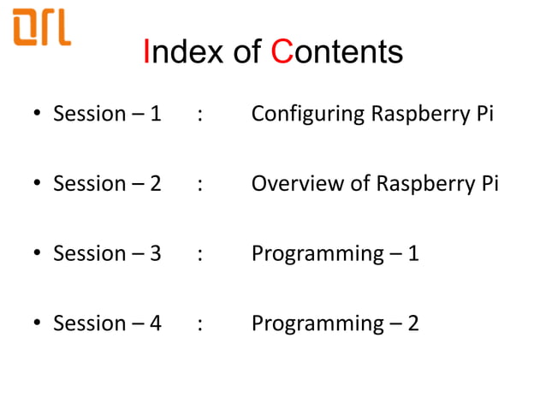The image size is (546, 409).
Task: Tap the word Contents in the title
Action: [x=337, y=52]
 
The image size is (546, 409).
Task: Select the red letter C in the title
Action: [x=282, y=52]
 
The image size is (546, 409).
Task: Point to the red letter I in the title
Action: [x=147, y=52]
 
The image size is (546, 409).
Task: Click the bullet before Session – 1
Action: [x=38, y=115]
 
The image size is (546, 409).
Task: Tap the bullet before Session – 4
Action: [x=38, y=324]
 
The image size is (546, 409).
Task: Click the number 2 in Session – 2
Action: [x=154, y=184]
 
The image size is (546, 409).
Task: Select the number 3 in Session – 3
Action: [x=154, y=254]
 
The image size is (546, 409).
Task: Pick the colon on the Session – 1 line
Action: [x=199, y=115]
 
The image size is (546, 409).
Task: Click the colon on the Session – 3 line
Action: [x=199, y=254]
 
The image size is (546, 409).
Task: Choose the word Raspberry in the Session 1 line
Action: [x=418, y=115]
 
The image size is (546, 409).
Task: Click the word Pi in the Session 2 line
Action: [x=489, y=184]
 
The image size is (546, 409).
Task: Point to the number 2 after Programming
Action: [x=412, y=324]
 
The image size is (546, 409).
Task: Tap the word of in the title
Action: [x=248, y=52]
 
